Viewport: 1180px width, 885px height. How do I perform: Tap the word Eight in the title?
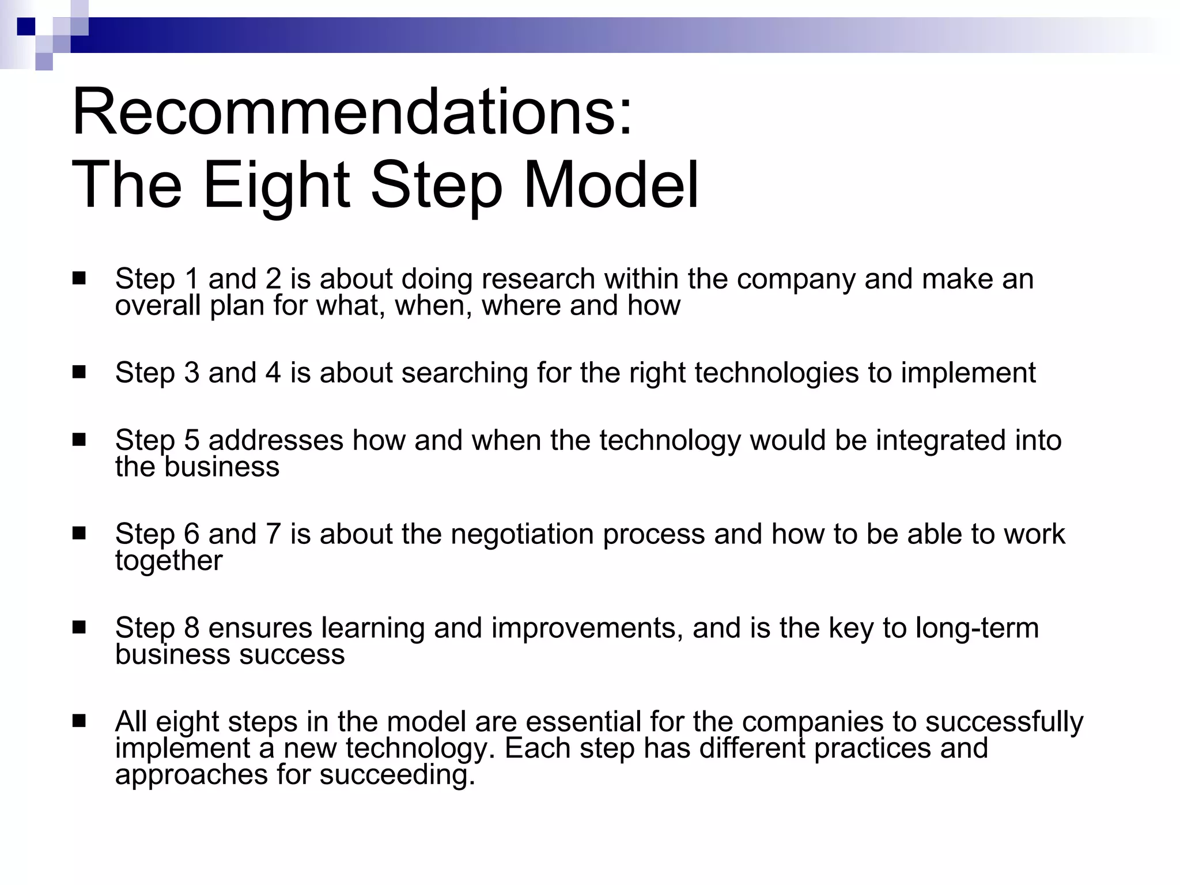(277, 186)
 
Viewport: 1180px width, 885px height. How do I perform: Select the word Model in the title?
(611, 186)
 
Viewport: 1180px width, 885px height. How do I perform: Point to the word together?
(168, 561)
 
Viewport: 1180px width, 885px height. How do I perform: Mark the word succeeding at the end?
(397, 774)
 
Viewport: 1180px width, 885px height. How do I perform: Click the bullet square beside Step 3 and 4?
(79, 372)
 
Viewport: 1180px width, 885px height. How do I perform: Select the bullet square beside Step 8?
(79, 627)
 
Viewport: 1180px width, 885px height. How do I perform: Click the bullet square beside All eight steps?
(79, 721)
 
